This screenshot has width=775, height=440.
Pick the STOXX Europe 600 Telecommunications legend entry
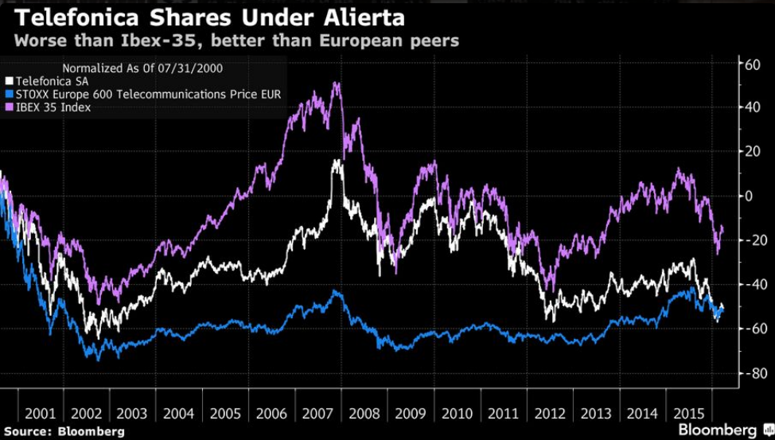click(x=148, y=94)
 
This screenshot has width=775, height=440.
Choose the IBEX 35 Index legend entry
click(x=53, y=107)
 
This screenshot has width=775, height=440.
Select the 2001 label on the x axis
click(x=40, y=415)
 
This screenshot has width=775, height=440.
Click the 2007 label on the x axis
click(x=318, y=415)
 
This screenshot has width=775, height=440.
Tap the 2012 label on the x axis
click(x=551, y=415)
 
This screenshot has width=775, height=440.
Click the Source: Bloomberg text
click(x=63, y=431)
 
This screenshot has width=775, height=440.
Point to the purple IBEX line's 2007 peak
click(x=337, y=84)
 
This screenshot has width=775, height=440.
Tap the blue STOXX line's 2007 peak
click(x=337, y=292)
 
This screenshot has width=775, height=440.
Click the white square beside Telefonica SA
click(x=9, y=80)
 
